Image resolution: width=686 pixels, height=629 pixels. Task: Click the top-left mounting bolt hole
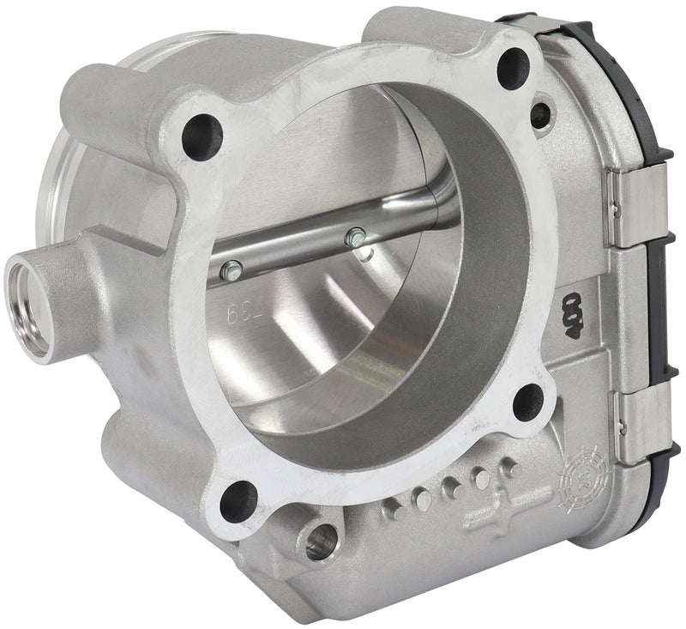pyautogui.click(x=202, y=136)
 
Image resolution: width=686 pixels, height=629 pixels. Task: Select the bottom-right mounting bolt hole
pyautogui.click(x=528, y=402)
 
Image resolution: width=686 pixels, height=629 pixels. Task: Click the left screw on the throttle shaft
pyautogui.click(x=228, y=271)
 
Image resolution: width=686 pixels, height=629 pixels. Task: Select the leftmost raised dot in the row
pyautogui.click(x=394, y=510)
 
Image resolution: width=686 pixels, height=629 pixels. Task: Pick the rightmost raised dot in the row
pyautogui.click(x=511, y=469)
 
